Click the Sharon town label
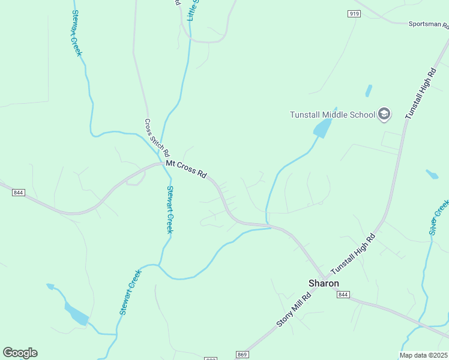pos(324,283)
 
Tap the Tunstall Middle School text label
pos(332,115)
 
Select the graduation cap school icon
pos(384,114)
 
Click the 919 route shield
pos(354,13)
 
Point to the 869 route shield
pos(242,355)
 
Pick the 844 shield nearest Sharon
pos(343,295)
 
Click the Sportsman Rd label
pos(428,25)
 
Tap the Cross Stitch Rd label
pos(157,138)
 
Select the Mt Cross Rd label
pos(186,169)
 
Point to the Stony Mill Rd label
pos(295,310)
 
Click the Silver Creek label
pos(439,217)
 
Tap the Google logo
pos(20,353)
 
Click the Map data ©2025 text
pos(424,355)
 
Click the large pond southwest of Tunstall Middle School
pos(322,128)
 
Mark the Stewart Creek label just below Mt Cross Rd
pos(170,209)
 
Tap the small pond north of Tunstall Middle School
pos(368,91)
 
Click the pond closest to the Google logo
pos(77,314)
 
